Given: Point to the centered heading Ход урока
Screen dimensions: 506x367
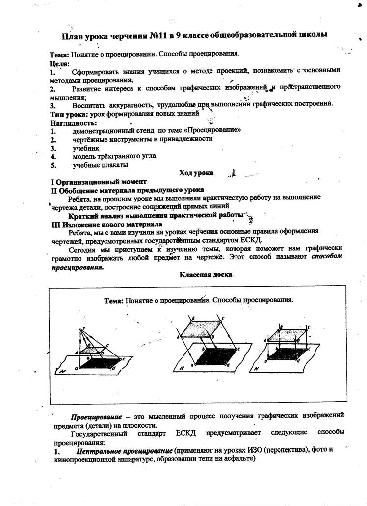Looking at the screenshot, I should tap(196, 173).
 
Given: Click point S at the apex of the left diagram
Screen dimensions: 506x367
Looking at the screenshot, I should tap(84, 328).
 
